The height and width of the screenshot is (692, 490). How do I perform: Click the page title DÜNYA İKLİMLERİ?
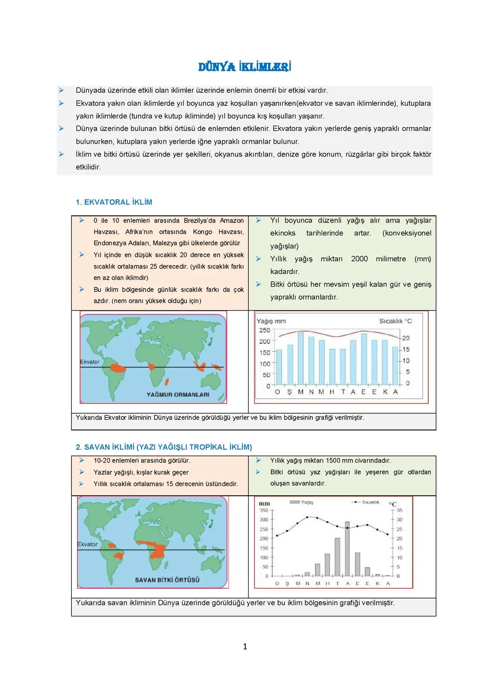click(245, 68)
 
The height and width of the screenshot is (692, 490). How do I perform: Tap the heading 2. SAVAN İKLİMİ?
click(164, 447)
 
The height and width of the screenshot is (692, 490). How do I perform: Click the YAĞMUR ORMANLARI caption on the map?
click(178, 395)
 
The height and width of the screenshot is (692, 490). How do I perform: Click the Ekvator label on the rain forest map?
click(89, 362)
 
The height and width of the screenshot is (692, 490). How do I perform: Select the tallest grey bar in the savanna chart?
click(347, 549)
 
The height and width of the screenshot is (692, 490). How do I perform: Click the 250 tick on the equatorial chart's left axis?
click(265, 331)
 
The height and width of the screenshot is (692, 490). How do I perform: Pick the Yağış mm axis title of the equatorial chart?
click(271, 321)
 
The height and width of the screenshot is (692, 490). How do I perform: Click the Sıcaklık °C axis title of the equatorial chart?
click(396, 321)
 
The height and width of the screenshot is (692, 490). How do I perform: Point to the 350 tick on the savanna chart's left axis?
click(264, 511)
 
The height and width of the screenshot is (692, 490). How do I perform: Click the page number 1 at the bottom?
click(245, 647)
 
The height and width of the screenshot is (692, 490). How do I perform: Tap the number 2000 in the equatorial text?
click(359, 259)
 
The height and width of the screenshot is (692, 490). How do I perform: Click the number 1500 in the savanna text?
click(334, 461)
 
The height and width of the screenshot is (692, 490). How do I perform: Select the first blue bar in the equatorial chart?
click(279, 367)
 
